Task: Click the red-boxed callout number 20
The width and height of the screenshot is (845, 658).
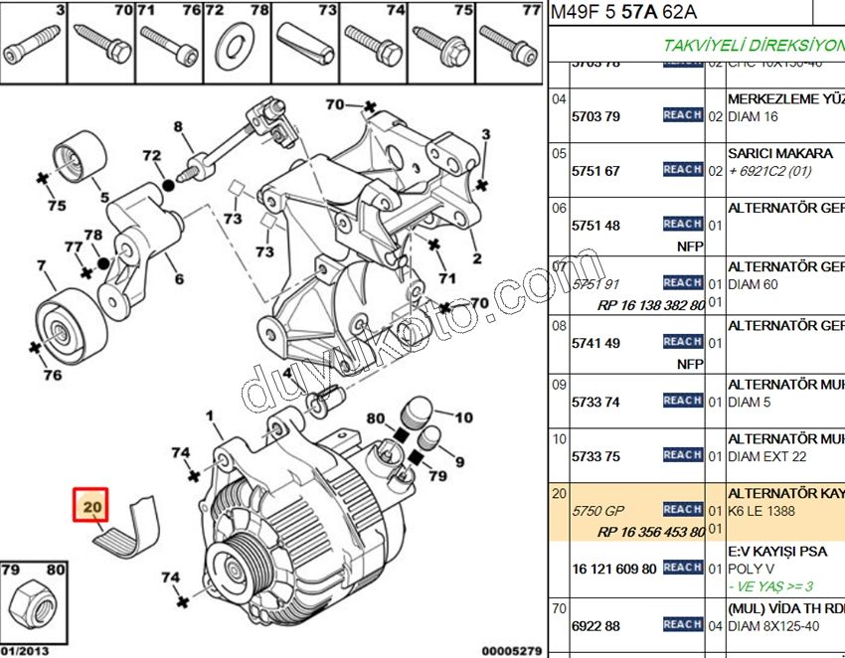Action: click(93, 508)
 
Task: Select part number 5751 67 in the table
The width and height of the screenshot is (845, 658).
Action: click(595, 171)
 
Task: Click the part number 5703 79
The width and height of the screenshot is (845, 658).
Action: click(595, 116)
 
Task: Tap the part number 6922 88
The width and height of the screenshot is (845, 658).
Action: click(595, 625)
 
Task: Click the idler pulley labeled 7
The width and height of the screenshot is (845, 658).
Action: click(64, 322)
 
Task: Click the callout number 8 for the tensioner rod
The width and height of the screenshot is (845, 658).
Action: click(179, 127)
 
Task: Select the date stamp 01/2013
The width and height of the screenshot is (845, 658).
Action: click(24, 651)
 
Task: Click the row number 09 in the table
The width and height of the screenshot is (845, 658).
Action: click(559, 385)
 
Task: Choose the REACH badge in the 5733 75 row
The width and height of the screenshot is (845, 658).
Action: click(683, 455)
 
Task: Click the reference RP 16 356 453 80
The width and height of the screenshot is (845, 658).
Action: click(651, 532)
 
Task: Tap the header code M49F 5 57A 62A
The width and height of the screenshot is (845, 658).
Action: click(623, 12)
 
